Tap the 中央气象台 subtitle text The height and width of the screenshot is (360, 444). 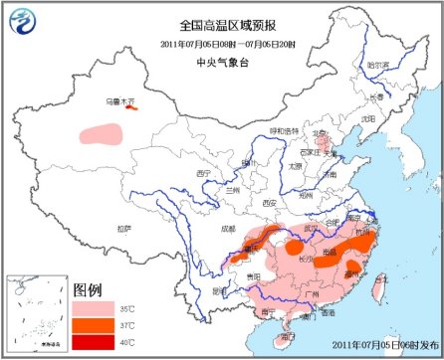coord(221,59)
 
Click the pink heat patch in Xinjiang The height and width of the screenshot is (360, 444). coord(101,131)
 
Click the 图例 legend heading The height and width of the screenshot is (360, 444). coord(88,289)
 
